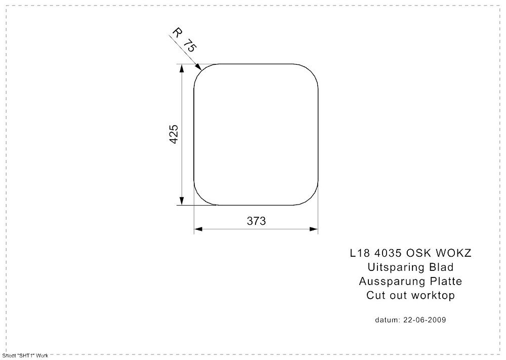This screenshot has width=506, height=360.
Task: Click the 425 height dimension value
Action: [174, 134]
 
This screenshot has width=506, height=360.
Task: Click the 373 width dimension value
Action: [256, 221]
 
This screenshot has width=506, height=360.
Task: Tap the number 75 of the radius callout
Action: [189, 46]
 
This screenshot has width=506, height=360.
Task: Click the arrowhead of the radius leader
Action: [198, 66]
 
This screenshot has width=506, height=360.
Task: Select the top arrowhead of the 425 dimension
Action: [182, 68]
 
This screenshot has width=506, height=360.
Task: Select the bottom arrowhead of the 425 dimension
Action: [182, 201]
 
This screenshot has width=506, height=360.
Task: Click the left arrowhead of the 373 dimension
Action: [198, 229]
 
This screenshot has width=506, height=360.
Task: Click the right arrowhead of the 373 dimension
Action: [314, 229]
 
